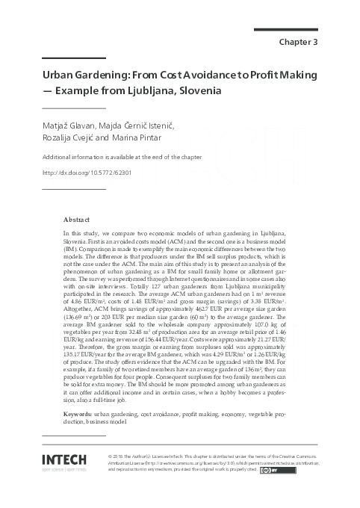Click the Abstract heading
tap(76, 220)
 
